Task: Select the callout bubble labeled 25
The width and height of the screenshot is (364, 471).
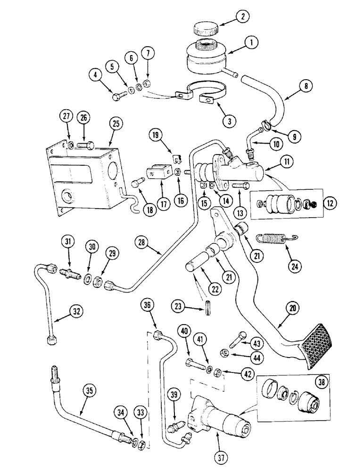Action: [117, 124]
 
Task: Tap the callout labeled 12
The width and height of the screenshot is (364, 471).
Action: [330, 203]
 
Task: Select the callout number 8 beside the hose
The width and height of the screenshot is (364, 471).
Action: [295, 86]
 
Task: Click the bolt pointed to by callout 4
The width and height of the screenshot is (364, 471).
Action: [117, 98]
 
